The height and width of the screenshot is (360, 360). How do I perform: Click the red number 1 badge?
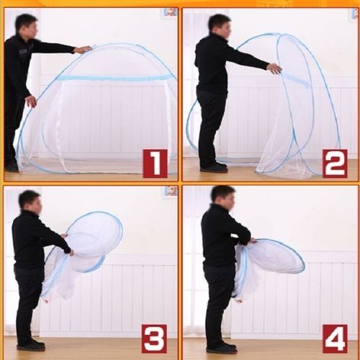[x=156, y=163]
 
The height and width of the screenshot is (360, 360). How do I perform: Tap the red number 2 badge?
[x=335, y=163]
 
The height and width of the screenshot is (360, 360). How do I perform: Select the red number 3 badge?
[x=154, y=339]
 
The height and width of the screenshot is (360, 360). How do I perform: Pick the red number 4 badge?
[x=335, y=339]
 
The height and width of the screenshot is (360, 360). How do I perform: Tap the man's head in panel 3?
[x=30, y=204]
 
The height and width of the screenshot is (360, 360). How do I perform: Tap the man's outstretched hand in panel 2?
[x=274, y=68]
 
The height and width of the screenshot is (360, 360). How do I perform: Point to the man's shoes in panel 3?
[x=31, y=345]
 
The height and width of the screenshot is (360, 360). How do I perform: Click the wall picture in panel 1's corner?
[x=171, y=12]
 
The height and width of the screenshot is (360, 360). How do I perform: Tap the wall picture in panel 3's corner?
[x=171, y=191]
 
